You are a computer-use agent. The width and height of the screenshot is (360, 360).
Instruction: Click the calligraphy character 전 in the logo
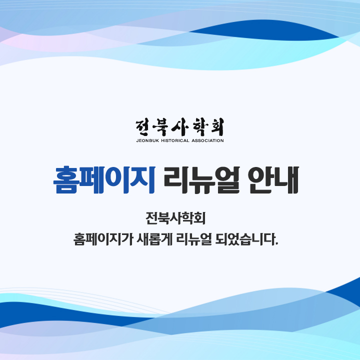[144, 127]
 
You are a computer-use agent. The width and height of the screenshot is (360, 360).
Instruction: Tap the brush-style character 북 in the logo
[162, 127]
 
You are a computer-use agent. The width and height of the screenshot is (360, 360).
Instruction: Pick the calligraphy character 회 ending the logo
[216, 127]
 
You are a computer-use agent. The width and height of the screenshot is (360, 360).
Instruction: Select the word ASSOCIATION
[207, 140]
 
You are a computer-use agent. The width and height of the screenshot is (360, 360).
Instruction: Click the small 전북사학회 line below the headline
[179, 218]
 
